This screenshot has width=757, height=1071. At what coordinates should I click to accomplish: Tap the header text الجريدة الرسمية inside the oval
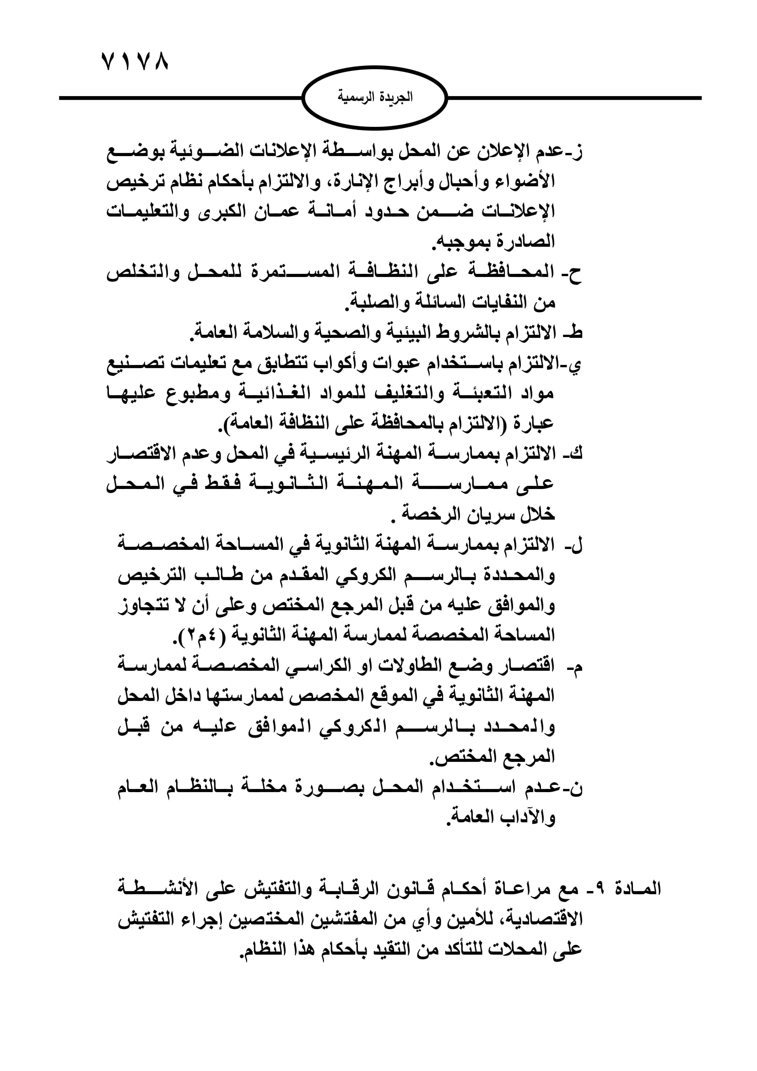click(x=375, y=98)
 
